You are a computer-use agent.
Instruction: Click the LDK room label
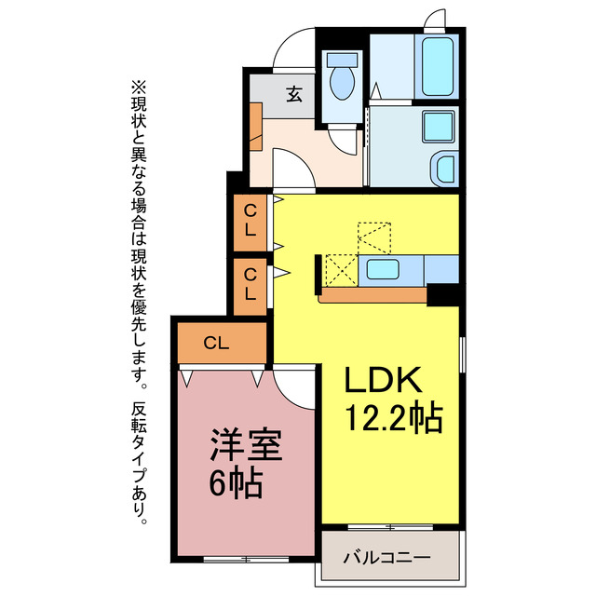385,380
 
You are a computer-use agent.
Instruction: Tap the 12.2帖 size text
393,417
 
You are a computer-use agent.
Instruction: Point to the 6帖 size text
233,484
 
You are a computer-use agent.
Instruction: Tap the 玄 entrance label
293,93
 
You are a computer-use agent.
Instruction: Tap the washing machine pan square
437,127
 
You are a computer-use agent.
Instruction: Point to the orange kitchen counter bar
372,295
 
